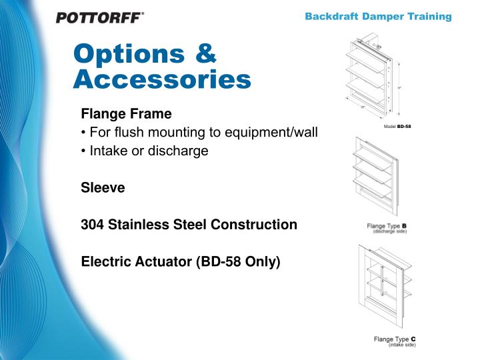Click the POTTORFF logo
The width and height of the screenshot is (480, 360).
click(x=100, y=17)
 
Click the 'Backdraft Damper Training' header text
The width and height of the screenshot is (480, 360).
click(x=378, y=17)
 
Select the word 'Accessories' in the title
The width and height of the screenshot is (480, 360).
click(x=162, y=80)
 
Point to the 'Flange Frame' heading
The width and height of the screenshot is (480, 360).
click(x=126, y=114)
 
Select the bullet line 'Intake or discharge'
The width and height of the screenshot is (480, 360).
click(x=145, y=151)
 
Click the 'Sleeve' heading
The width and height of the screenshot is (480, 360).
click(x=103, y=188)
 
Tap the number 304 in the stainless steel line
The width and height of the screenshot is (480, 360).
click(x=92, y=225)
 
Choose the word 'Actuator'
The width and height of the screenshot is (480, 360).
click(x=159, y=262)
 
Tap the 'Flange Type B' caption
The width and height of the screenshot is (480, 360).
click(x=387, y=226)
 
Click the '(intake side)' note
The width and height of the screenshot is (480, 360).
click(x=401, y=345)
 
